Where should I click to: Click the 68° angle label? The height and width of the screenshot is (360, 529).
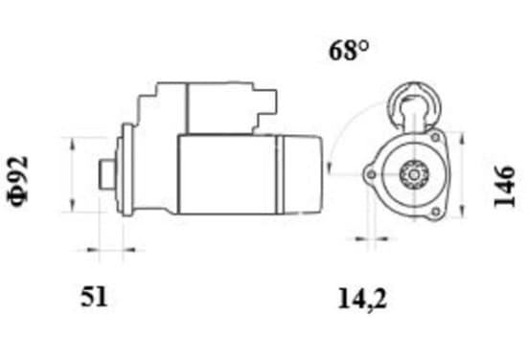pyautogui.click(x=349, y=51)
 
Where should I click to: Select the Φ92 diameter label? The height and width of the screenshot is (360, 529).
pyautogui.click(x=18, y=181)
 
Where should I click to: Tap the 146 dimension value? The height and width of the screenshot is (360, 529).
pyautogui.click(x=504, y=186)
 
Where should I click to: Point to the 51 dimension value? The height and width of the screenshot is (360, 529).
pyautogui.click(x=94, y=296)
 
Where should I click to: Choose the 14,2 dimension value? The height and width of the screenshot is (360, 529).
pyautogui.click(x=362, y=299)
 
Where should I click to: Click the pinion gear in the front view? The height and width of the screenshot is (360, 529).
pyautogui.click(x=414, y=174)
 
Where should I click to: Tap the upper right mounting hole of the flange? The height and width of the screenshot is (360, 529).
pyautogui.click(x=435, y=137)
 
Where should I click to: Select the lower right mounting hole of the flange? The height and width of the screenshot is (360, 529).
pyautogui.click(x=435, y=212)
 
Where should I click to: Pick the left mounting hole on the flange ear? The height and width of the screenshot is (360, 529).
pyautogui.click(x=371, y=174)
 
